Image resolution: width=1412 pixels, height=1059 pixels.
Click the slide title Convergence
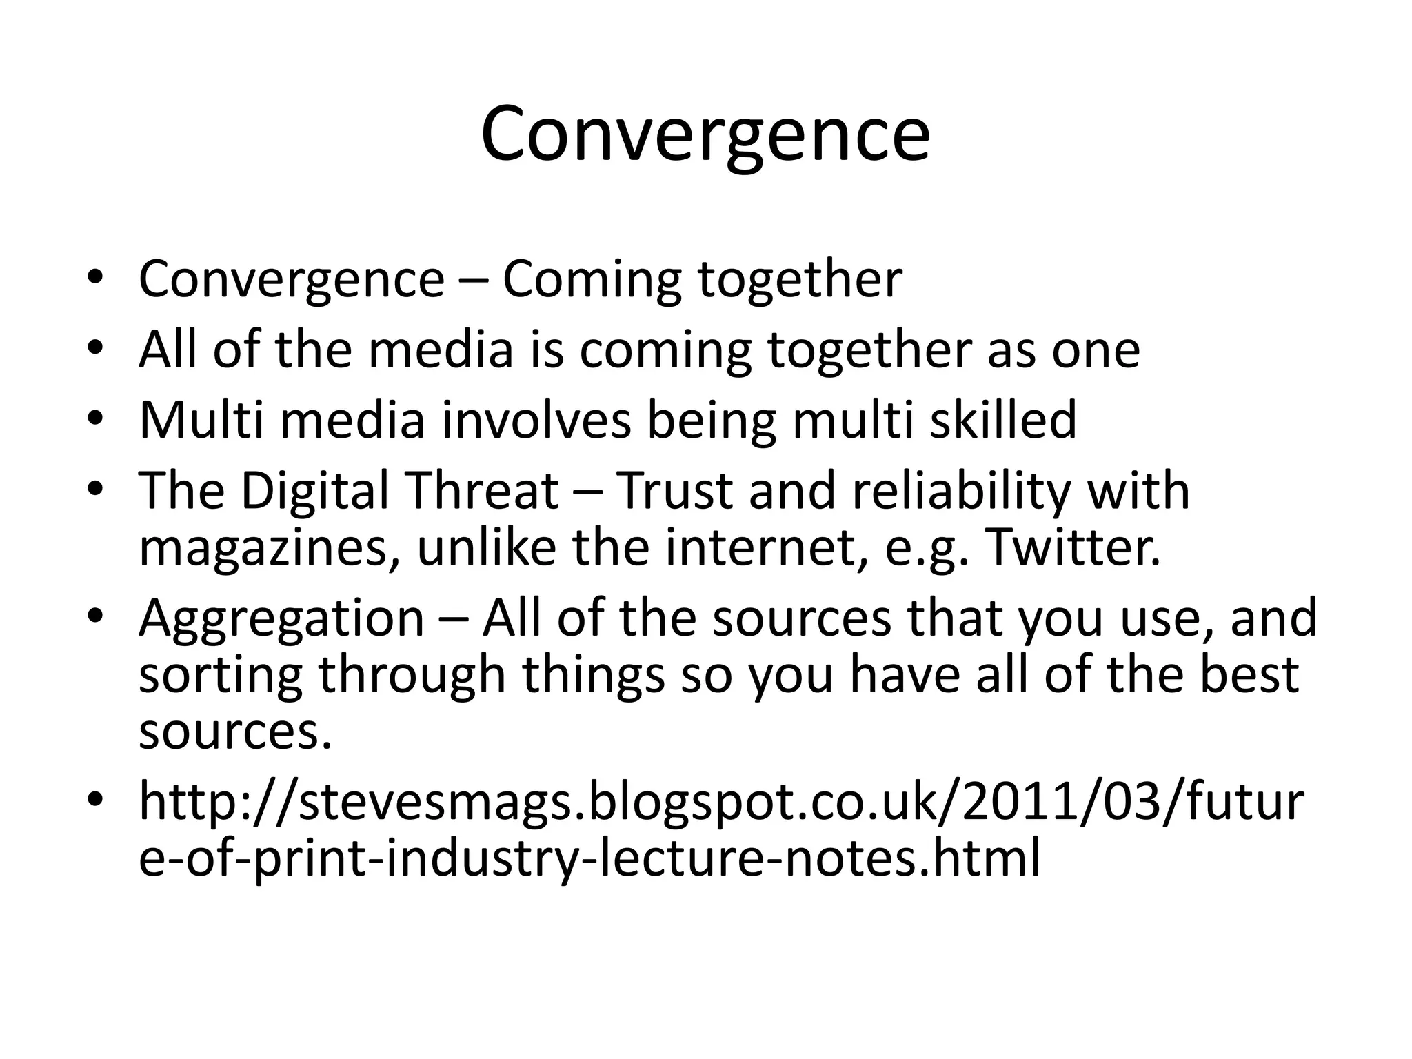[705, 134]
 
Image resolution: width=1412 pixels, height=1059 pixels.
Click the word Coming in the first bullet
[592, 279]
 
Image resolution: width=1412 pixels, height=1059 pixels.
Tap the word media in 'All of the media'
[441, 350]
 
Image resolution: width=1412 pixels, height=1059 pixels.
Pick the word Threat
[482, 491]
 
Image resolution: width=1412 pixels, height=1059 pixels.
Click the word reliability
[961, 491]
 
